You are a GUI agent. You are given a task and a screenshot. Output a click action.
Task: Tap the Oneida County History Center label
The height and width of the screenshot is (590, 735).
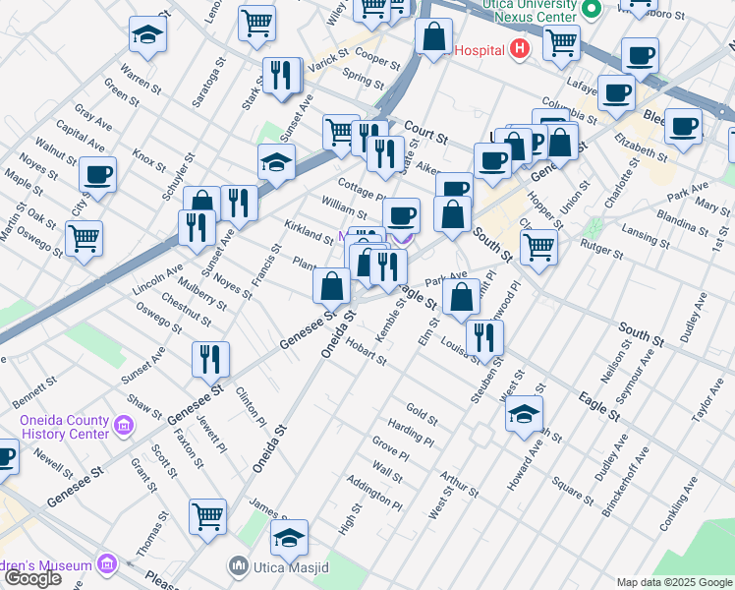[x=64, y=427]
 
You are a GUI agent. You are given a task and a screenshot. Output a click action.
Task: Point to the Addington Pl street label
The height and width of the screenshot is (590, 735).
[x=374, y=495]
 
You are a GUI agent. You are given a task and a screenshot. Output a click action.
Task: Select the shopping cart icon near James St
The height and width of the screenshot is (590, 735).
[x=207, y=516]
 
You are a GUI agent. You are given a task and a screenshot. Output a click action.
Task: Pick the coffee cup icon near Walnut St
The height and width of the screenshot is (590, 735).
[x=98, y=175]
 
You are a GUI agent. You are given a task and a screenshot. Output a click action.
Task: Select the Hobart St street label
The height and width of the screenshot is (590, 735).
[x=367, y=355]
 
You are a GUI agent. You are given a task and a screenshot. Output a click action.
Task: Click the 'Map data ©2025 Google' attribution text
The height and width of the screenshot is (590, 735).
[x=674, y=582]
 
